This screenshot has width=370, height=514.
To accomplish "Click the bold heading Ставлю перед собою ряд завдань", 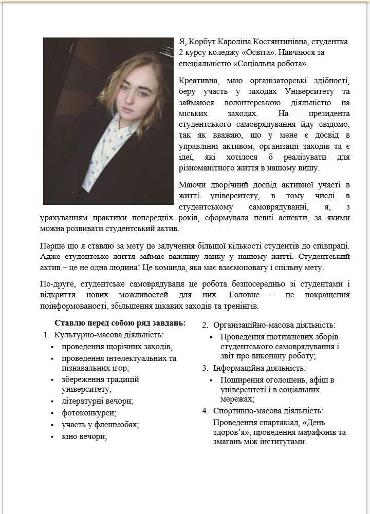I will click(120, 323).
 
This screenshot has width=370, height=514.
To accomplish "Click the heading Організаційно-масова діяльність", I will click(274, 325).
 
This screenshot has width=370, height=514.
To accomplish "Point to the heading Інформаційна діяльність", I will click(260, 368).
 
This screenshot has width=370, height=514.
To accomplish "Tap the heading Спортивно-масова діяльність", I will click(268, 410).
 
